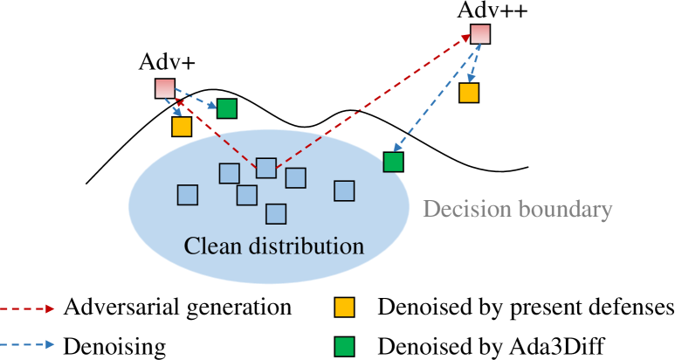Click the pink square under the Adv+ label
tap(165, 88)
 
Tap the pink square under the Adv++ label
tap(480, 34)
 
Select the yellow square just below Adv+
tap(182, 127)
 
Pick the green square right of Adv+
tap(227, 109)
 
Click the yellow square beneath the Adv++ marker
tap(469, 92)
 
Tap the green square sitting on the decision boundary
tap(394, 162)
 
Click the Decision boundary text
tap(518, 210)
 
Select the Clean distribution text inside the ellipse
tap(273, 245)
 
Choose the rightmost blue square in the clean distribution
tap(345, 190)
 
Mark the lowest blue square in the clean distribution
tap(276, 214)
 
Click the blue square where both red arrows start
tap(266, 169)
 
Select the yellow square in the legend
tap(345, 308)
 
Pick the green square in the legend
tap(345, 347)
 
